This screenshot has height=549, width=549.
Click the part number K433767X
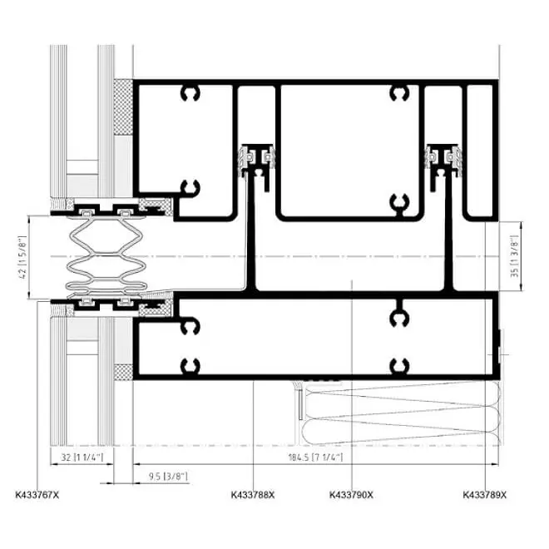pos(37,495)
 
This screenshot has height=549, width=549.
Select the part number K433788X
pos(253,495)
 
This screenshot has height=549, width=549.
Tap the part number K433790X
pos(351,495)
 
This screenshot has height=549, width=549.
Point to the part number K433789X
pos(485,495)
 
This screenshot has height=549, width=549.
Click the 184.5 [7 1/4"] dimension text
pos(315,457)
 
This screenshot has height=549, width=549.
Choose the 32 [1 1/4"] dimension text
pos(82,457)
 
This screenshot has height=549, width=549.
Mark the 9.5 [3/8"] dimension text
pos(168,477)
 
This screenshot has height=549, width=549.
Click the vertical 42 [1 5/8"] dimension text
pos(23,257)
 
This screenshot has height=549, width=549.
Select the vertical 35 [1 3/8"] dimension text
pos(514,256)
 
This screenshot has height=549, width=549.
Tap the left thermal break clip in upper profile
pos(257,160)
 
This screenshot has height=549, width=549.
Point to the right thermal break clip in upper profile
pos(443,160)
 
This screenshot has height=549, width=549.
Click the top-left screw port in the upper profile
pos(190,93)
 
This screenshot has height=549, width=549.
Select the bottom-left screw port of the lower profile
pos(190,366)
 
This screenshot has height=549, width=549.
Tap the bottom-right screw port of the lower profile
pos(399,366)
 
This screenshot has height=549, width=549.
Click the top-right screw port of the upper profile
pos(399,93)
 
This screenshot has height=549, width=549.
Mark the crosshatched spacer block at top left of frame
pos(123,107)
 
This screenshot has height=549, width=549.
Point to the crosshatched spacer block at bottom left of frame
pos(123,372)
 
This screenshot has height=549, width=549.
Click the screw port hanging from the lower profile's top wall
pos(399,315)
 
